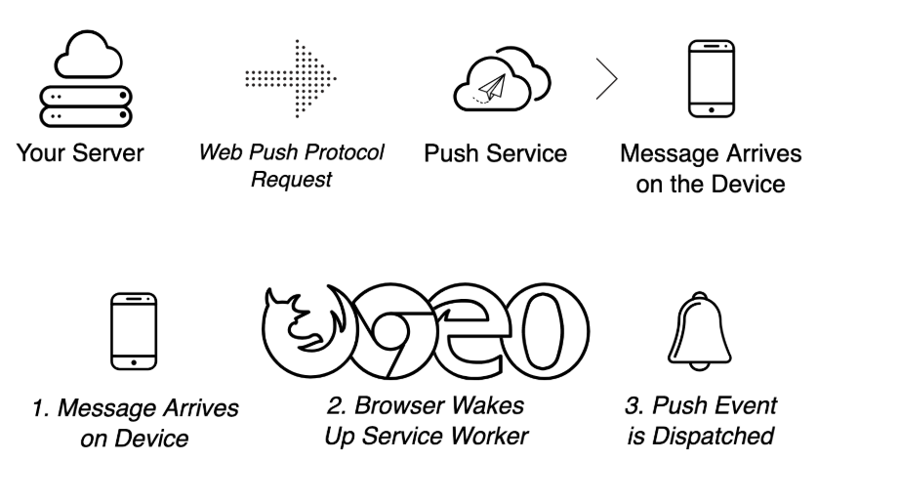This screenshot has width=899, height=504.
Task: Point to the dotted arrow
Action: (291, 77)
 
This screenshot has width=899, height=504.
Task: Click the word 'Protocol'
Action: (347, 153)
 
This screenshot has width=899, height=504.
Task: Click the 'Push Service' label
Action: (495, 153)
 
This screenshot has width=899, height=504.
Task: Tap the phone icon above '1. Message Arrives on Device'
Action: (133, 329)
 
